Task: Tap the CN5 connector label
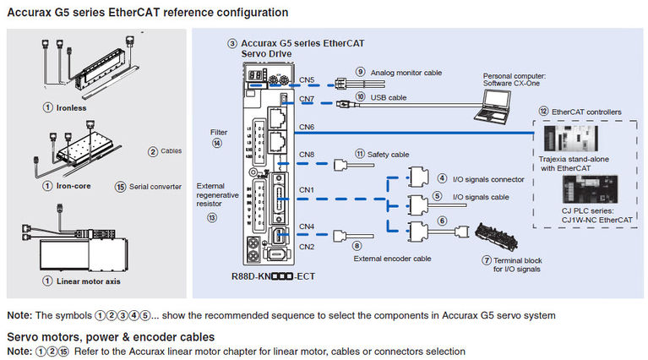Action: coord(308,81)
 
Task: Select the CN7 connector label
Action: coord(308,99)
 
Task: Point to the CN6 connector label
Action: coord(308,127)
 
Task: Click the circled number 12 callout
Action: coord(544,111)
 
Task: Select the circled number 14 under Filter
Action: coord(217,144)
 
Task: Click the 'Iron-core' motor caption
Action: coord(70,186)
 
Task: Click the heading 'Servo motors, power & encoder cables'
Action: coord(104,337)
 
